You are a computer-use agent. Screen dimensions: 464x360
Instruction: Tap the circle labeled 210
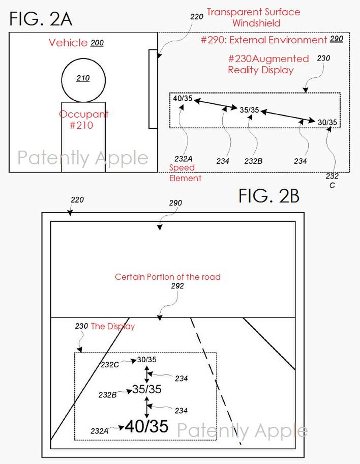[83, 78]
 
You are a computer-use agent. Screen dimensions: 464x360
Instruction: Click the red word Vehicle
[68, 43]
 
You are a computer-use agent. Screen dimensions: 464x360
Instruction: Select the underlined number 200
[97, 43]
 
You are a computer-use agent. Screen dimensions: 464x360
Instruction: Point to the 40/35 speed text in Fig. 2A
[183, 99]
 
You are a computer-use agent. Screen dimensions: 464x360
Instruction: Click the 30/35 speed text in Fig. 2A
[327, 123]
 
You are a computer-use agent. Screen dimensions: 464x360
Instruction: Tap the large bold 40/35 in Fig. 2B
[146, 426]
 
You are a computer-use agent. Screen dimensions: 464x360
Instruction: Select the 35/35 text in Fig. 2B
[146, 390]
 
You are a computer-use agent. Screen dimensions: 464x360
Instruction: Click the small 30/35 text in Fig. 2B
[147, 360]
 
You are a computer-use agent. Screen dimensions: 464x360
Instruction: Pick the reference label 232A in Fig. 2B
[100, 431]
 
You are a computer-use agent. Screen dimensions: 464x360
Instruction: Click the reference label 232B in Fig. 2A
[253, 161]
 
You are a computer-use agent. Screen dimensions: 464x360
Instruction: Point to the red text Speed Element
[185, 173]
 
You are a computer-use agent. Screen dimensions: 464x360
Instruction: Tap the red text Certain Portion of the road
[168, 277]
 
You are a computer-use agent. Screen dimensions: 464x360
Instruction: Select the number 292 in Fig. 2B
[177, 286]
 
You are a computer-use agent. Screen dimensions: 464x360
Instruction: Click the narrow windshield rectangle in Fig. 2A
[153, 89]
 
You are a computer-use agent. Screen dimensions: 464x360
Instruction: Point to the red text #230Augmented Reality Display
[268, 65]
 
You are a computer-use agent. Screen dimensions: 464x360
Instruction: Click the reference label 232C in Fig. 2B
[110, 364]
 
